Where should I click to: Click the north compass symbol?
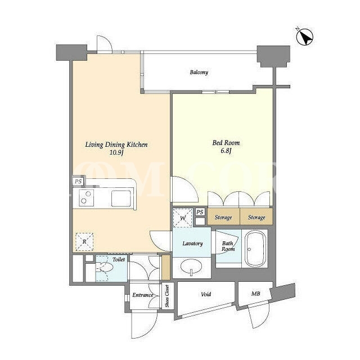(x=305, y=37)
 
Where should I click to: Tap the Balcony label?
(x=199, y=73)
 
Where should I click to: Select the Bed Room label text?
(x=226, y=143)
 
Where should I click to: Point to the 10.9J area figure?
(x=116, y=152)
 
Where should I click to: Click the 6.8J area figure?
(x=226, y=151)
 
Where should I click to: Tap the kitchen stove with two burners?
(x=86, y=197)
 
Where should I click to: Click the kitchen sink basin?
(x=121, y=199)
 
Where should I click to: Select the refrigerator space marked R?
(x=84, y=242)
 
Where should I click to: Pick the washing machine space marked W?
(x=183, y=218)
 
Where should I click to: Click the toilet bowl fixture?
(x=105, y=267)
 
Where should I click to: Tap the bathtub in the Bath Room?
(x=255, y=249)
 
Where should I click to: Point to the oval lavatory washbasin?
(x=191, y=267)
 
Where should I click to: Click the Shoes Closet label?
(x=167, y=296)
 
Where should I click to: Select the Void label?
(x=206, y=294)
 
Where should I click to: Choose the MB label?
(x=255, y=294)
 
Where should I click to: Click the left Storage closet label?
(x=223, y=217)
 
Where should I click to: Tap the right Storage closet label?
(x=256, y=217)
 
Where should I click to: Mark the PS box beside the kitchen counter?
(x=78, y=181)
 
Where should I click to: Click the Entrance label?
(x=142, y=295)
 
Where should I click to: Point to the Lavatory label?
(x=192, y=244)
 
